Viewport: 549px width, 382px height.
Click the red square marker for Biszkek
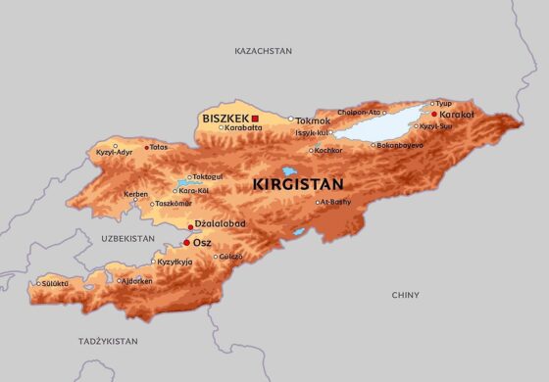pos(255,119)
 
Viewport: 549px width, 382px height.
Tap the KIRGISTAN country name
pos(298,183)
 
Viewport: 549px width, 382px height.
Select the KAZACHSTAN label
pos(264,49)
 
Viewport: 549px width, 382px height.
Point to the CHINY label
pos(405,295)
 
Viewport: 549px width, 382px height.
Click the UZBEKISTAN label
pos(127,238)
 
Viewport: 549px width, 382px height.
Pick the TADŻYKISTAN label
pos(108,341)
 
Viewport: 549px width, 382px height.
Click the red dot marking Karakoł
pos(434,114)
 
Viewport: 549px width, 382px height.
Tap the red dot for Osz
pos(186,243)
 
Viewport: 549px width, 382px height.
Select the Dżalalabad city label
pos(221,224)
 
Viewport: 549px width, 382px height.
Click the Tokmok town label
pos(314,120)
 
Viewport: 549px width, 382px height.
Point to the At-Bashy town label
pos(336,202)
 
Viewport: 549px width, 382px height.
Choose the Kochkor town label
pos(328,150)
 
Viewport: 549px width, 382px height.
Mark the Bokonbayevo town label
pos(401,145)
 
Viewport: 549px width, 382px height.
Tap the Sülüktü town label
pos(55,283)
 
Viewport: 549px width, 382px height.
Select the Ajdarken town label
pos(137,280)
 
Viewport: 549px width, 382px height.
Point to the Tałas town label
pos(158,147)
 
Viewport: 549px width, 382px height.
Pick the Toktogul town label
pos(207,176)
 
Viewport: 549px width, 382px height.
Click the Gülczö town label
pos(230,257)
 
